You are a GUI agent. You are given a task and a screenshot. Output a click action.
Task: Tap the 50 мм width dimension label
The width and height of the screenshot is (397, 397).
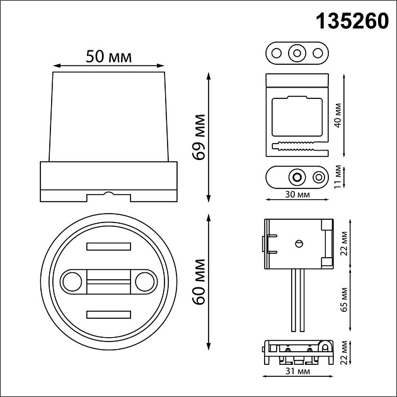pyautogui.click(x=108, y=57)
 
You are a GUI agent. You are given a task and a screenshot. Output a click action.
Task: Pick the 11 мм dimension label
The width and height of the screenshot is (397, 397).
pyautogui.click(x=338, y=176)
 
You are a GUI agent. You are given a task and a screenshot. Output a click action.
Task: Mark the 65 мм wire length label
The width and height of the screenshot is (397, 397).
pyautogui.click(x=344, y=301)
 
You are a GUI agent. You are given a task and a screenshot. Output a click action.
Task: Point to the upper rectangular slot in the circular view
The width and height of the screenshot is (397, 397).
pyautogui.click(x=108, y=246)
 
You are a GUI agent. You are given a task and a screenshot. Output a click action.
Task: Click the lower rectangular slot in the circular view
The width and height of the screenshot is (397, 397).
pyautogui.click(x=108, y=313)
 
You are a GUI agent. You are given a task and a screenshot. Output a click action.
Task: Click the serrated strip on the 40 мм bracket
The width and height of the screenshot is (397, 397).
pyautogui.click(x=294, y=148)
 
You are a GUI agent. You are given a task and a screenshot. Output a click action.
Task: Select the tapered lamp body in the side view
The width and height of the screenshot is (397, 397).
pyautogui.click(x=108, y=117)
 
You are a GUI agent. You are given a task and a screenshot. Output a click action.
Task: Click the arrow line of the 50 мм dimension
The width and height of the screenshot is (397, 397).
pyautogui.click(x=108, y=66)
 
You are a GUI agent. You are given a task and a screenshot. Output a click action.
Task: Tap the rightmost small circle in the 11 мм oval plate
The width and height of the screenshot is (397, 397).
pyautogui.click(x=318, y=176)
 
